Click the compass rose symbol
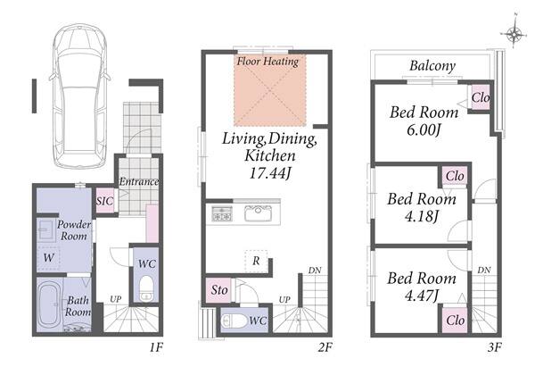point(514,33)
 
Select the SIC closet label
point(104,201)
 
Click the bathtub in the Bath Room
point(49,304)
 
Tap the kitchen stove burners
point(222,213)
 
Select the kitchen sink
point(259,213)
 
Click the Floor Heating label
point(267,62)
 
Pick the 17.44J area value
point(270,173)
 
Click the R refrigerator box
point(256,262)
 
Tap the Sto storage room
point(219,290)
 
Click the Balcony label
point(432,66)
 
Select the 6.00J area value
point(424,129)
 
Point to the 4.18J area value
point(422,216)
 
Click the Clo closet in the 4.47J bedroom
point(455,321)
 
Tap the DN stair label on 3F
point(484,271)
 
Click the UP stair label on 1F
point(115,299)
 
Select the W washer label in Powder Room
point(48,257)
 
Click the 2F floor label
point(325,347)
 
